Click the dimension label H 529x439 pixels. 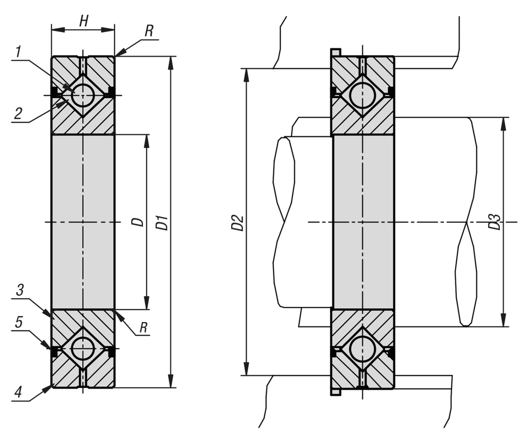[x=84, y=21]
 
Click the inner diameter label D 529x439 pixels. [x=138, y=222]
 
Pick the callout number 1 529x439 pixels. [x=18, y=52]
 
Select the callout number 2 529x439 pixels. [x=18, y=114]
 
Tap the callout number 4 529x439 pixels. [x=18, y=392]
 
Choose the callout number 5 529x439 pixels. [x=19, y=322]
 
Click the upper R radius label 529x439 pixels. [x=149, y=31]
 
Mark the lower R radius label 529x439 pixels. [x=143, y=327]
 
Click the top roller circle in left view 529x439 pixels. [x=83, y=95]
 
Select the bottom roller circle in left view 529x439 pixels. [x=83, y=349]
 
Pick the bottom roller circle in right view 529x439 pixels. [x=362, y=349]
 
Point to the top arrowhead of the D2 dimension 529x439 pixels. [x=246, y=74]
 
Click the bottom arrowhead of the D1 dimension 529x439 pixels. [x=171, y=381]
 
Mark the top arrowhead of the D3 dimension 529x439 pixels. [x=503, y=124]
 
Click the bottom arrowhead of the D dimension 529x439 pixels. [x=147, y=303]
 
